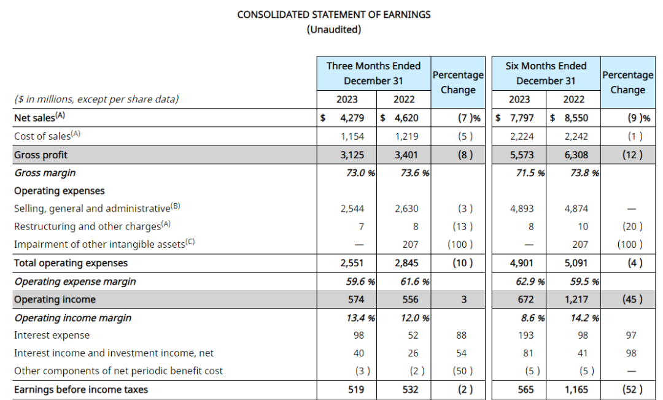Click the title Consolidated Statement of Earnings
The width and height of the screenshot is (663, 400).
tap(334, 14)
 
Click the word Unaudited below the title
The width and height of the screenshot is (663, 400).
tap(334, 29)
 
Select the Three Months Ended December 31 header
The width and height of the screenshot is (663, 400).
tap(373, 73)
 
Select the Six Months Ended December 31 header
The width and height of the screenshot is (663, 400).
tap(546, 73)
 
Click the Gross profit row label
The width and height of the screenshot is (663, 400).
tap(41, 155)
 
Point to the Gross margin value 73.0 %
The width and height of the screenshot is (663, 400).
tap(361, 173)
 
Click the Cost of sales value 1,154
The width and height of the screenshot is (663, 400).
tap(352, 136)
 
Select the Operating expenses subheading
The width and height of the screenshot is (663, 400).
tap(60, 191)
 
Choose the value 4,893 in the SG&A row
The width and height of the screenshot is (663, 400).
tap(522, 209)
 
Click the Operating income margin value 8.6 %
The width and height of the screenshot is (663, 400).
tap(530, 318)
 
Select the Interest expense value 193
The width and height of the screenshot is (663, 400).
tap(526, 336)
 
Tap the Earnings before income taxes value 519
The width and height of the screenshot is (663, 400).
tap(355, 390)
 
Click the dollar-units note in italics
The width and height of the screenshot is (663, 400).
tap(96, 99)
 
